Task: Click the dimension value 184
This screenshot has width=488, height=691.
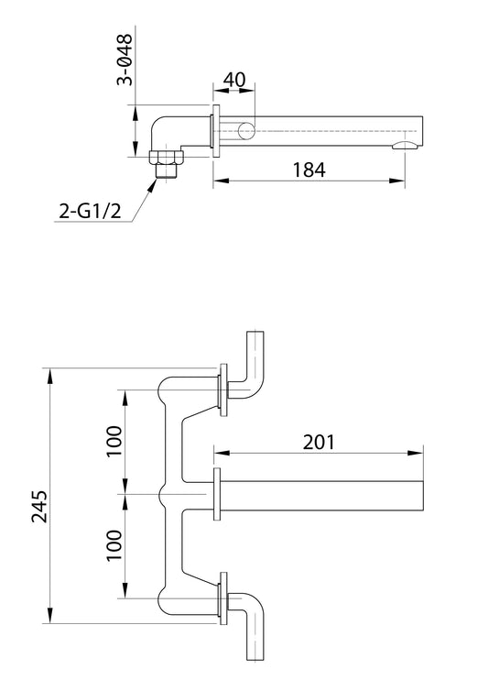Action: pyautogui.click(x=308, y=170)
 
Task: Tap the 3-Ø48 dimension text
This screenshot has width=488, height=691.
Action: pyautogui.click(x=126, y=60)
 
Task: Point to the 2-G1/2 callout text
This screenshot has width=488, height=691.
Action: pyautogui.click(x=89, y=214)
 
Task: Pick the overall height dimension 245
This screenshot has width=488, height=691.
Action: pyautogui.click(x=39, y=503)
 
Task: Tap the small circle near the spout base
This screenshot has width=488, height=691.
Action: pyautogui.click(x=247, y=130)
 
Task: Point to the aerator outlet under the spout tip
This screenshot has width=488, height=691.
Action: pyautogui.click(x=405, y=145)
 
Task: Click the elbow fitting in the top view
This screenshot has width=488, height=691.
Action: pyautogui.click(x=165, y=128)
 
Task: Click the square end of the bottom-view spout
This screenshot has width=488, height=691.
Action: pyautogui.click(x=423, y=493)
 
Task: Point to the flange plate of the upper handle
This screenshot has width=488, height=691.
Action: pyautogui.click(x=222, y=389)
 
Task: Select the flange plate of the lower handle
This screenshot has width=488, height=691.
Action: pyautogui.click(x=222, y=598)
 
